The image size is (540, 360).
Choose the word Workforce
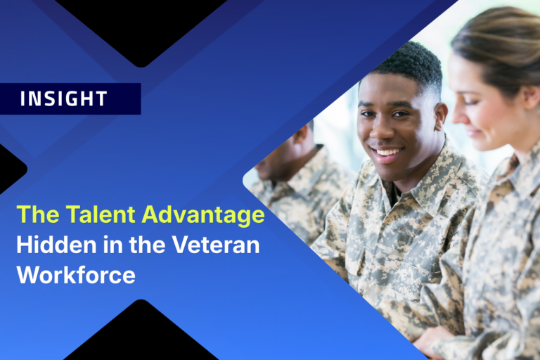[75, 274]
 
